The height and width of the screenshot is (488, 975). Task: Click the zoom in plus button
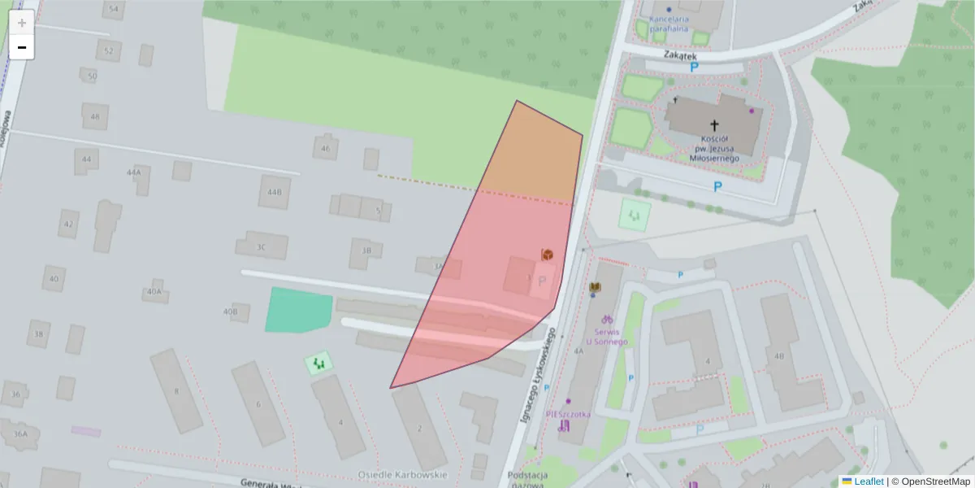pos(22,23)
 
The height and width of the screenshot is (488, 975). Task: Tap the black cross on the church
pos(715,125)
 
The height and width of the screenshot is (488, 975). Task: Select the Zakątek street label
pos(680,55)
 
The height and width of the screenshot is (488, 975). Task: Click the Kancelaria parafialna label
pos(668,24)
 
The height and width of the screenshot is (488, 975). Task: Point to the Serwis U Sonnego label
pos(605,337)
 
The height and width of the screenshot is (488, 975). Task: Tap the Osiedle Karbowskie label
pos(403,474)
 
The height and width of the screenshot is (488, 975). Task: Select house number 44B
pos(275,192)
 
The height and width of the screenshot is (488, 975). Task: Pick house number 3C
pos(261,246)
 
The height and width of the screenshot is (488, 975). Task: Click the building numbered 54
pos(113,10)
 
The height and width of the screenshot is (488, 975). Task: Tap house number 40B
pos(230,311)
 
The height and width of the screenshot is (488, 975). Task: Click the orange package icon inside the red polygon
pos(548,255)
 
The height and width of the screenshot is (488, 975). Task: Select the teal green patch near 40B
pos(298,310)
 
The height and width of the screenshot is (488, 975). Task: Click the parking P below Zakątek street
pos(695,68)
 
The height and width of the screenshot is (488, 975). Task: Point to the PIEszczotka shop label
pos(569,413)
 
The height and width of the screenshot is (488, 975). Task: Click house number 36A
pos(20,434)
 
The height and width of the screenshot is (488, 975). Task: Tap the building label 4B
pos(779,355)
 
